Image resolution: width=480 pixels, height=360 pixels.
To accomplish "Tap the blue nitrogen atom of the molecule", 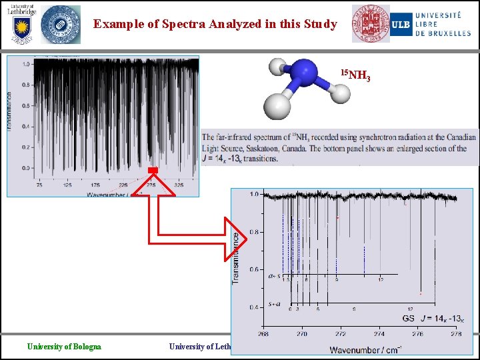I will [303, 74].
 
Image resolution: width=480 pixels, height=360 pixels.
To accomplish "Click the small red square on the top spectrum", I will [152, 171].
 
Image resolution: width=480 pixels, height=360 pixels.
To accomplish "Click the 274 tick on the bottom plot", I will [379, 334].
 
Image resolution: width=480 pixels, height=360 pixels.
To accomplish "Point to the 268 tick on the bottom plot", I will [263, 334].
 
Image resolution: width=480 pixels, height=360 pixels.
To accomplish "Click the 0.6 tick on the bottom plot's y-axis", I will [254, 270].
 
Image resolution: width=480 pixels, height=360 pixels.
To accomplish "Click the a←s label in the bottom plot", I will [274, 276].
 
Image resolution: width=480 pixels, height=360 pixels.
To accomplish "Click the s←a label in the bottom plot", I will [274, 305].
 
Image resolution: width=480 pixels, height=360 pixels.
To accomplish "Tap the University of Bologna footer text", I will [64, 346].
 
